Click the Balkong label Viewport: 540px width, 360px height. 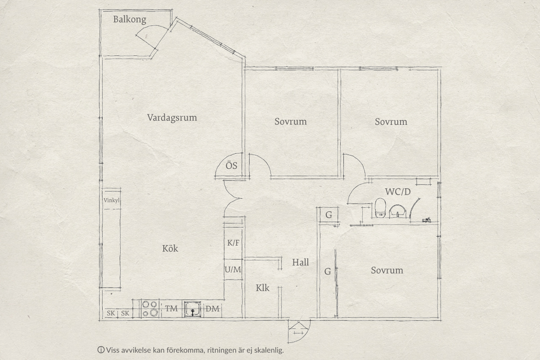click(x=130, y=19)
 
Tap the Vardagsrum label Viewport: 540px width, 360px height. click(x=172, y=117)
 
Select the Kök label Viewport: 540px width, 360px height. click(x=170, y=248)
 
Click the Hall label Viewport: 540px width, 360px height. click(x=301, y=262)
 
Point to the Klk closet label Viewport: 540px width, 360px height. click(x=262, y=288)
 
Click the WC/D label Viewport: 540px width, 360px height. click(x=397, y=192)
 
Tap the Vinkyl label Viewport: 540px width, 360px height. click(x=112, y=200)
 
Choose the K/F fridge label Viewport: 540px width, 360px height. click(x=233, y=243)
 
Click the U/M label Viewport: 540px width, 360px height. click(x=233, y=270)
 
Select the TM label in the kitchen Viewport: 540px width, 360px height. click(x=171, y=309)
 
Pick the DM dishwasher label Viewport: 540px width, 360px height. click(x=212, y=309)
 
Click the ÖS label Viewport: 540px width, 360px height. click(x=231, y=166)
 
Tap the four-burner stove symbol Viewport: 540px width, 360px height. click(x=150, y=309)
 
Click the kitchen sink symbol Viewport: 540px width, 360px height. click(x=193, y=309)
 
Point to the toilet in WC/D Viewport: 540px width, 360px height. click(x=380, y=207)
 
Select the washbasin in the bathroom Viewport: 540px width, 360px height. click(x=397, y=211)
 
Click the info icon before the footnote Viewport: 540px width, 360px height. click(x=101, y=350)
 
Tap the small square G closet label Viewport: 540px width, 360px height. click(x=328, y=215)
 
